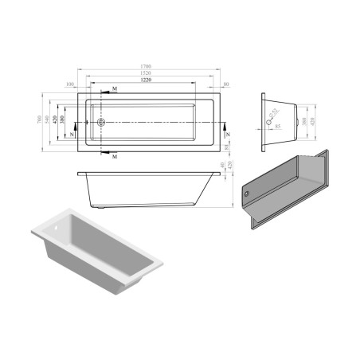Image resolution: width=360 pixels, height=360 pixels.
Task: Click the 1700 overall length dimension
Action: (147, 67)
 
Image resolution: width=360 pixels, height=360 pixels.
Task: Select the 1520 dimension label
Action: (147, 74)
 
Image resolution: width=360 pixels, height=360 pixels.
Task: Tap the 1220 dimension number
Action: (147, 81)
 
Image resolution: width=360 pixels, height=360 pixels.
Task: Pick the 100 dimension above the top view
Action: (71, 83)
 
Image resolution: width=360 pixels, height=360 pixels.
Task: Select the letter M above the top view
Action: (115, 88)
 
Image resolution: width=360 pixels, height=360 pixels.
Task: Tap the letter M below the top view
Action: (115, 157)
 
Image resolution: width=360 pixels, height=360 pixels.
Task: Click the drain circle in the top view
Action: (100, 123)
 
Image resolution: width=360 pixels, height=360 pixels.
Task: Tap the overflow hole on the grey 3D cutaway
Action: (247, 194)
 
